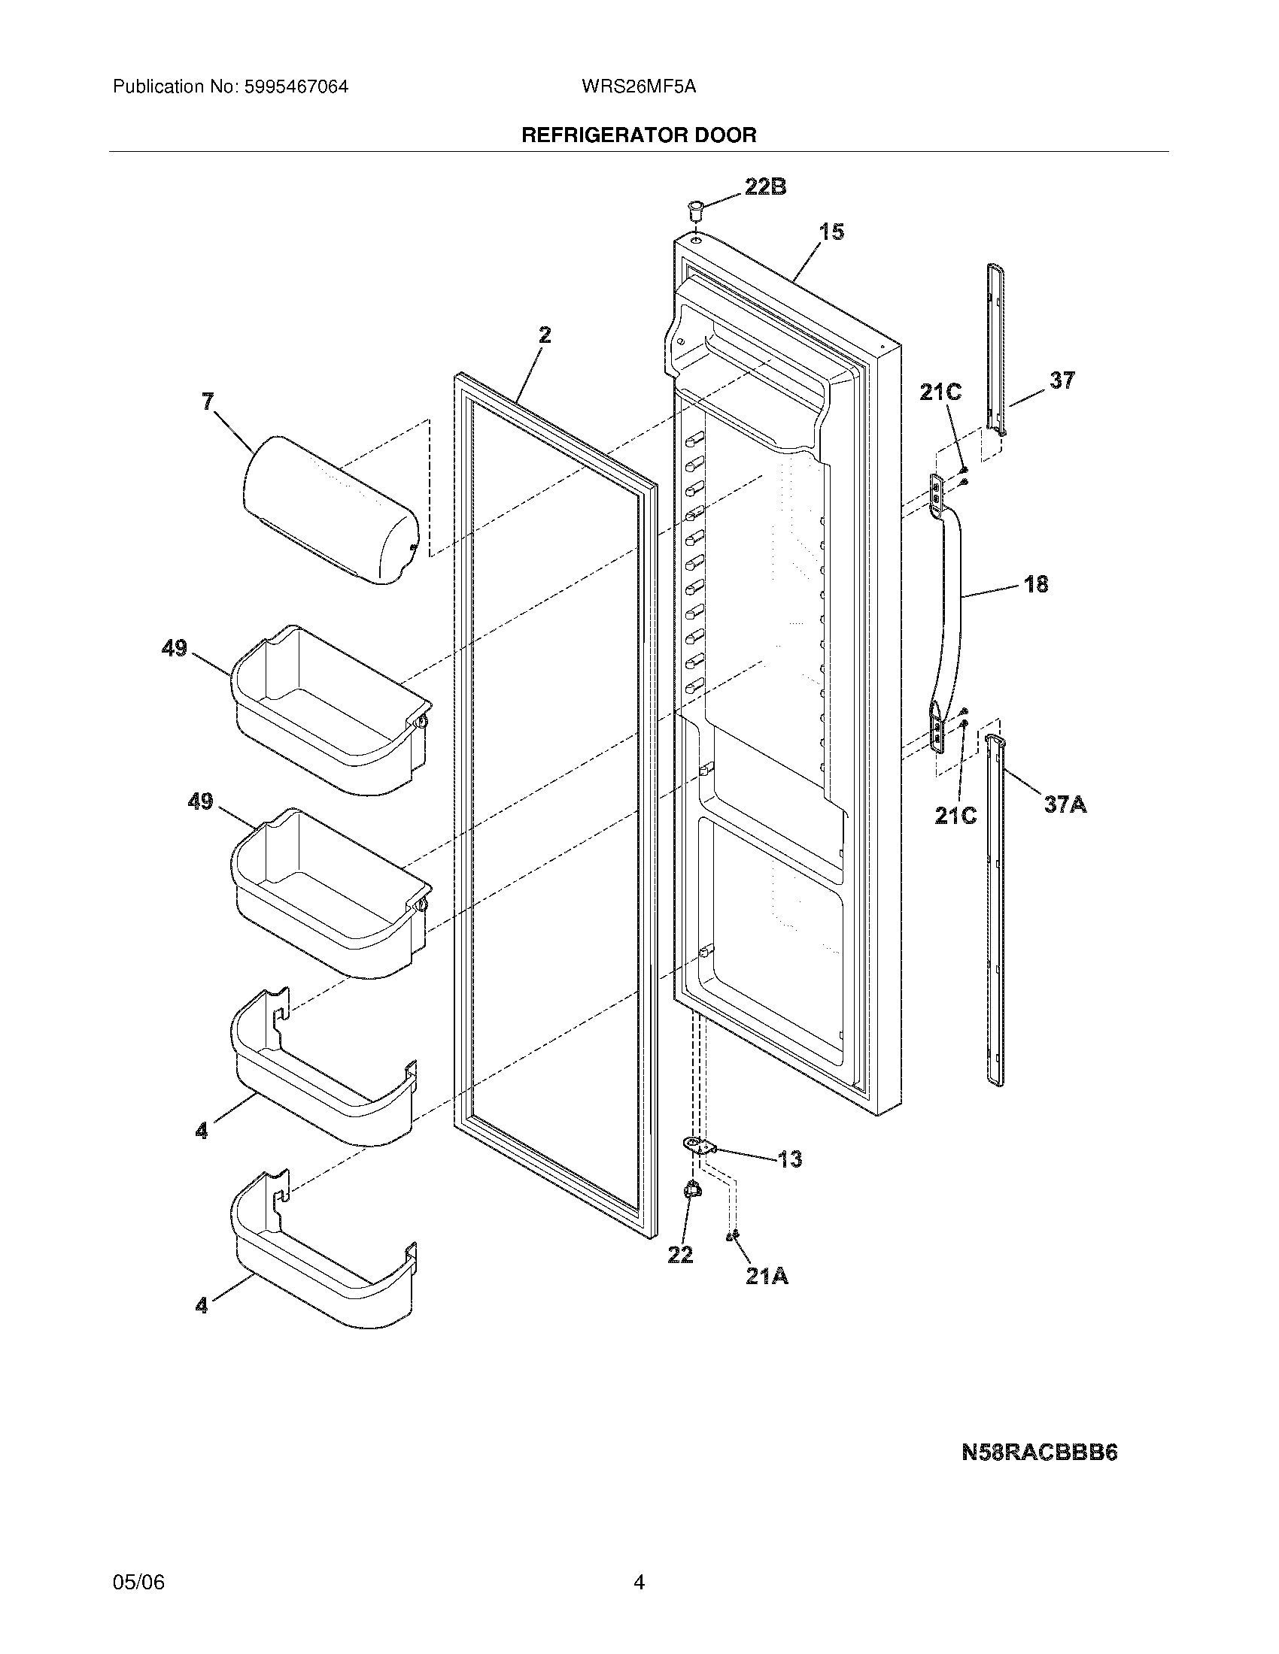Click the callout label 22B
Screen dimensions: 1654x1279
[765, 187]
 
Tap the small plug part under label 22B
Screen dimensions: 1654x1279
[695, 208]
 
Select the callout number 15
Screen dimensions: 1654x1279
[832, 232]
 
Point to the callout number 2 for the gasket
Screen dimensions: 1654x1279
[545, 335]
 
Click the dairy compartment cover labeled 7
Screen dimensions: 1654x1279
[330, 511]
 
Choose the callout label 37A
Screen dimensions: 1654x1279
[1065, 804]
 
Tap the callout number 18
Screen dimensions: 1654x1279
[1037, 584]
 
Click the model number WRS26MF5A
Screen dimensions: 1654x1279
[639, 87]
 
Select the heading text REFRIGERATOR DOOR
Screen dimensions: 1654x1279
[639, 135]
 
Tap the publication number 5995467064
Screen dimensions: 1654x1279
[296, 87]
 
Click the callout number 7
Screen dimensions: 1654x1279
[208, 401]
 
